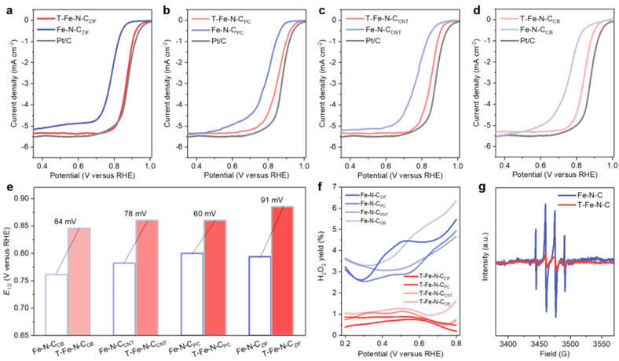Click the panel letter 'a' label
(8, 9)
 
